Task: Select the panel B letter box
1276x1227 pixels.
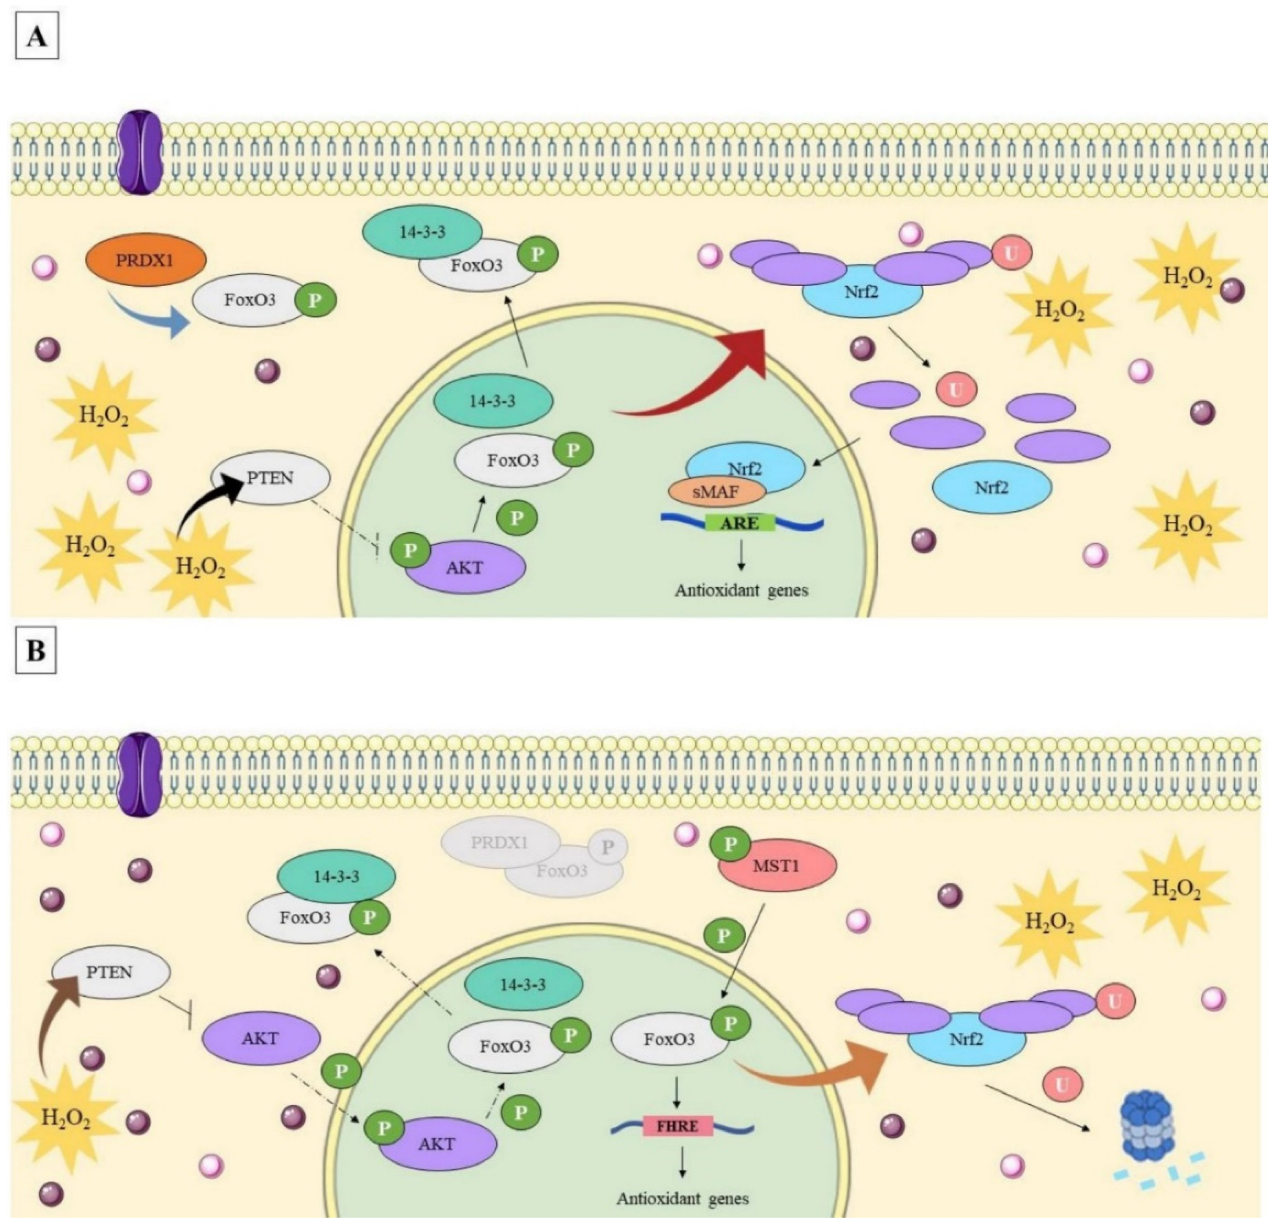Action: (36, 650)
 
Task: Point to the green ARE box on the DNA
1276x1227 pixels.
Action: (740, 523)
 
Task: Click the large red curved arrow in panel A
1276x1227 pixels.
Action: (703, 377)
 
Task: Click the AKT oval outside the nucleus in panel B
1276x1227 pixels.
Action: (261, 1038)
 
